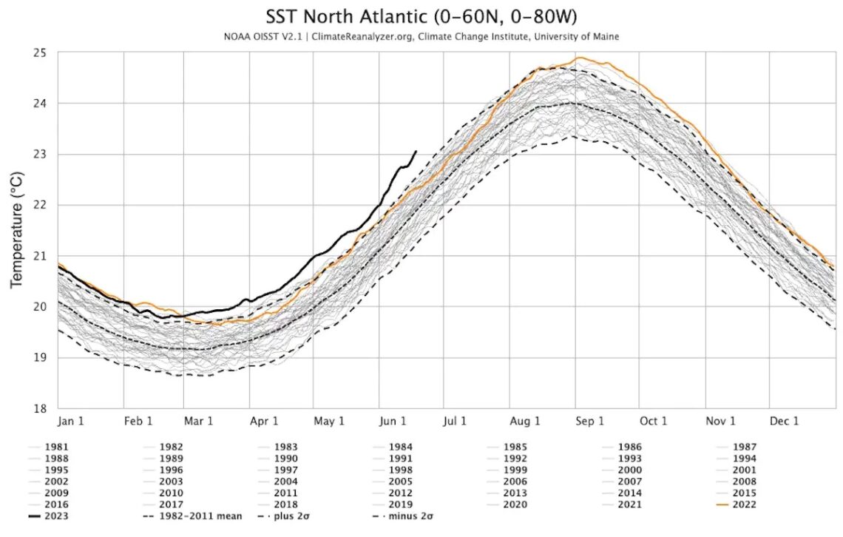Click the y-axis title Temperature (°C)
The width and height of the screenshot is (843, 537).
click(x=17, y=230)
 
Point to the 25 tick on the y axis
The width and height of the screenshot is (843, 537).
click(x=40, y=53)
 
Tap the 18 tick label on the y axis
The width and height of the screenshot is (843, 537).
click(x=40, y=408)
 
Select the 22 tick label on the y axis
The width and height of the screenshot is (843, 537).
click(x=40, y=205)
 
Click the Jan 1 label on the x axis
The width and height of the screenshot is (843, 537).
click(x=71, y=421)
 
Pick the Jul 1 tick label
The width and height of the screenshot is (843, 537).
click(x=454, y=421)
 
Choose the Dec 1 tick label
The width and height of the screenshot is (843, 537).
click(x=785, y=421)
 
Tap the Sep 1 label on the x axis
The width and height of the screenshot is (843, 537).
click(x=590, y=421)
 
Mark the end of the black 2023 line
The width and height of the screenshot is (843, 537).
click(x=416, y=151)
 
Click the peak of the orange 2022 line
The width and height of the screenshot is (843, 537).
click(x=579, y=58)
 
